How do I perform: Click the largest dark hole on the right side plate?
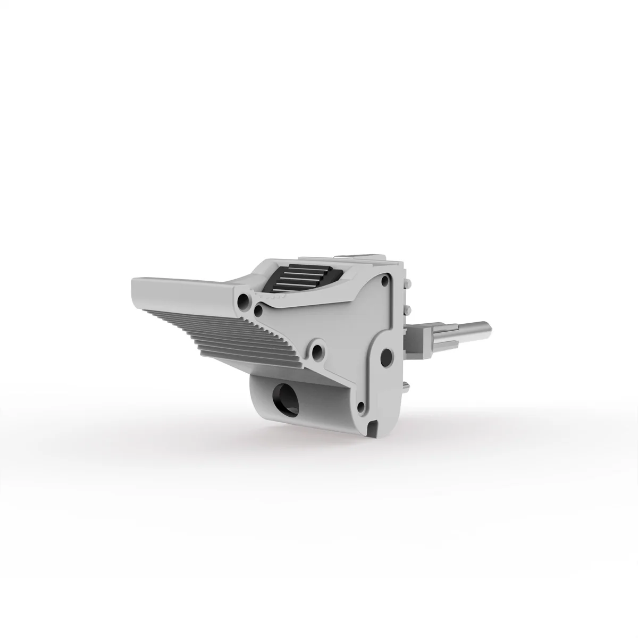[387, 355]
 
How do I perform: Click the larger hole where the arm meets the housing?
[244, 301]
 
